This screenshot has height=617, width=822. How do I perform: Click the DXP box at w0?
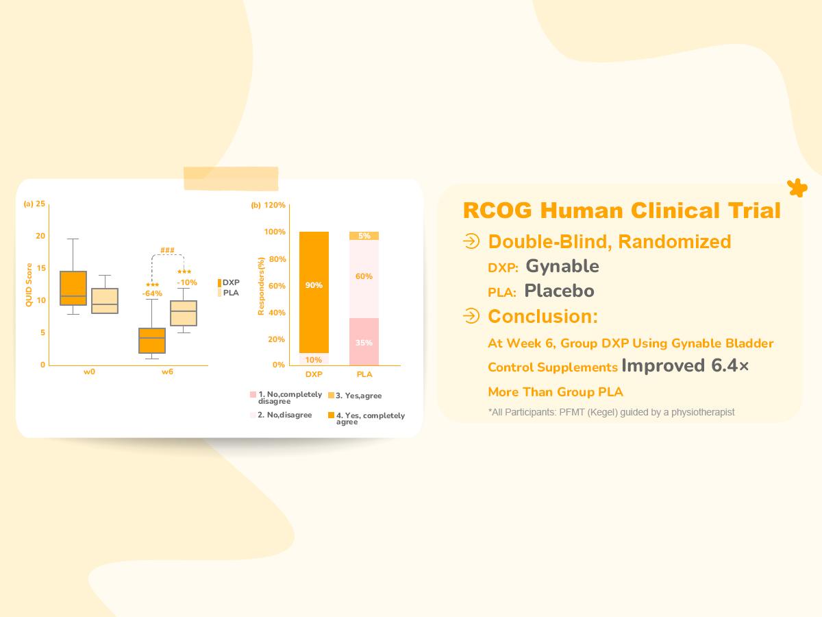point(73,288)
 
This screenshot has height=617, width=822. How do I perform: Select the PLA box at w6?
point(183,313)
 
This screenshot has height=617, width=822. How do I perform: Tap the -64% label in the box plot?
point(152,294)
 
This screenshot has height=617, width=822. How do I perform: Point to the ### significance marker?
point(167,250)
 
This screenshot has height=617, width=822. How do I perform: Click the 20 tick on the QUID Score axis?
point(40,236)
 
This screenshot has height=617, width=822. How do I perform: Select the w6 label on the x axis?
point(167,372)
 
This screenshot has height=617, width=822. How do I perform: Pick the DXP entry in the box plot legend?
point(229,282)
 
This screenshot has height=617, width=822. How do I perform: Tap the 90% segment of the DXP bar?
point(314,285)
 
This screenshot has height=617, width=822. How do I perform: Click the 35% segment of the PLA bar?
point(364,342)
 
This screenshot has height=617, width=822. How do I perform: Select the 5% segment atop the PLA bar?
point(364,236)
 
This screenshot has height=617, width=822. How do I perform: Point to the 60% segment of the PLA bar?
point(364,276)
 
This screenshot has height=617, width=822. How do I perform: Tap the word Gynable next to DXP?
point(562,266)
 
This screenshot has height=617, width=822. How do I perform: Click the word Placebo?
point(559,291)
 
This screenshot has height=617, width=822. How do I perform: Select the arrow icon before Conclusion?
point(471,316)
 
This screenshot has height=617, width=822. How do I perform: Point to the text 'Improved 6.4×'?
point(685,366)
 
